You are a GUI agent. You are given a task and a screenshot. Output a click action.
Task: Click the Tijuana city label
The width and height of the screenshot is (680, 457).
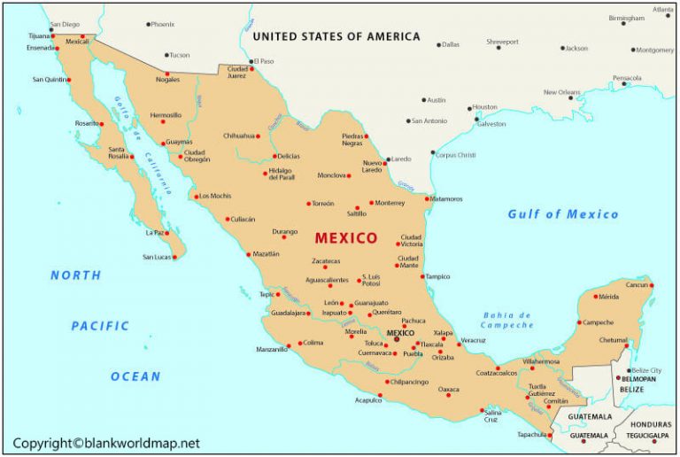coord(39,36)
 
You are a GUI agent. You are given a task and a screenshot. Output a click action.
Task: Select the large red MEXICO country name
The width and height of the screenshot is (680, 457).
coord(346,238)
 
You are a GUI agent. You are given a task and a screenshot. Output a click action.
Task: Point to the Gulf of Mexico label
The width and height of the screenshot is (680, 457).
coord(563,214)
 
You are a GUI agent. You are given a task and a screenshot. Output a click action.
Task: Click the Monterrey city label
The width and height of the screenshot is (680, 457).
coord(390,203)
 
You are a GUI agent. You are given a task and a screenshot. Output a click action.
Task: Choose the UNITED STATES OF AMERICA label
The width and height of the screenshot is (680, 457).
coord(336,36)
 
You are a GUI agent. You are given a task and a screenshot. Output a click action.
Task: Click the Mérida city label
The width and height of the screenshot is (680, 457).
coord(608,297)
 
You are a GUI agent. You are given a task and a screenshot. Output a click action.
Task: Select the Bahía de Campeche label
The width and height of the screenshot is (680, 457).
coord(507,320)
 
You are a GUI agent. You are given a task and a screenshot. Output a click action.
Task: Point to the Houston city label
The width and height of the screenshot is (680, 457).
coord(484,107)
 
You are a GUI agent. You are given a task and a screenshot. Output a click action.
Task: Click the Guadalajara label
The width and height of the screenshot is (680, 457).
coord(288,313)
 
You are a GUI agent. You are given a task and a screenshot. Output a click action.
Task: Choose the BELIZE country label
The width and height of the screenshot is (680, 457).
coord(631,390)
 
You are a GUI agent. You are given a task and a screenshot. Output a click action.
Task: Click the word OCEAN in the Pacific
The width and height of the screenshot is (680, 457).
coord(135,376)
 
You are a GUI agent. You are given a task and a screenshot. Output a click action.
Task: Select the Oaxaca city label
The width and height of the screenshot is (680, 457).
coord(449,390)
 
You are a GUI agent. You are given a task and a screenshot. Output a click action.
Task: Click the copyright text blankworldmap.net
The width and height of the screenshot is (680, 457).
coord(107,443)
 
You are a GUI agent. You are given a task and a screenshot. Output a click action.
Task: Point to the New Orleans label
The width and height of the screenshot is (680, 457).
coord(561,91)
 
